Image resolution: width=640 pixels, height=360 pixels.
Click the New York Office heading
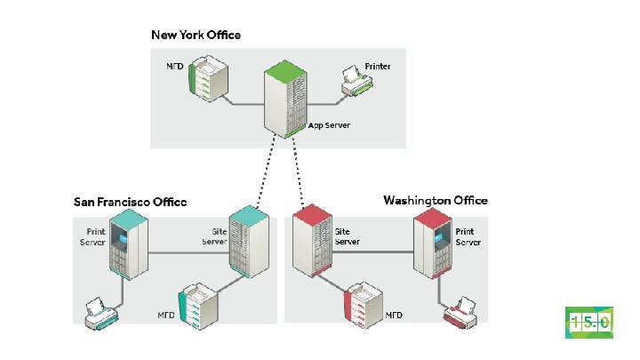coord(196,35)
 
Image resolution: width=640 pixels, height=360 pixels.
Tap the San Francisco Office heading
coord(130,202)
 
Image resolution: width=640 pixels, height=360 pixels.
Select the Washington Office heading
coord(436,201)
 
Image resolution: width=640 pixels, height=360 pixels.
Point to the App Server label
coord(329,125)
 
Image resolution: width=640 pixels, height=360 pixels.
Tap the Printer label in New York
coord(379,66)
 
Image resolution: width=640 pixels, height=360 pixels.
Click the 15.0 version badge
coord(588,323)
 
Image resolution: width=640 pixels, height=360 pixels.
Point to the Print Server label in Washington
coord(468,236)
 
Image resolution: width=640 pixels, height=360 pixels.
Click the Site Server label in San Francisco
coord(214,236)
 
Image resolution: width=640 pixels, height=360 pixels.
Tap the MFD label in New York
coord(175,67)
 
